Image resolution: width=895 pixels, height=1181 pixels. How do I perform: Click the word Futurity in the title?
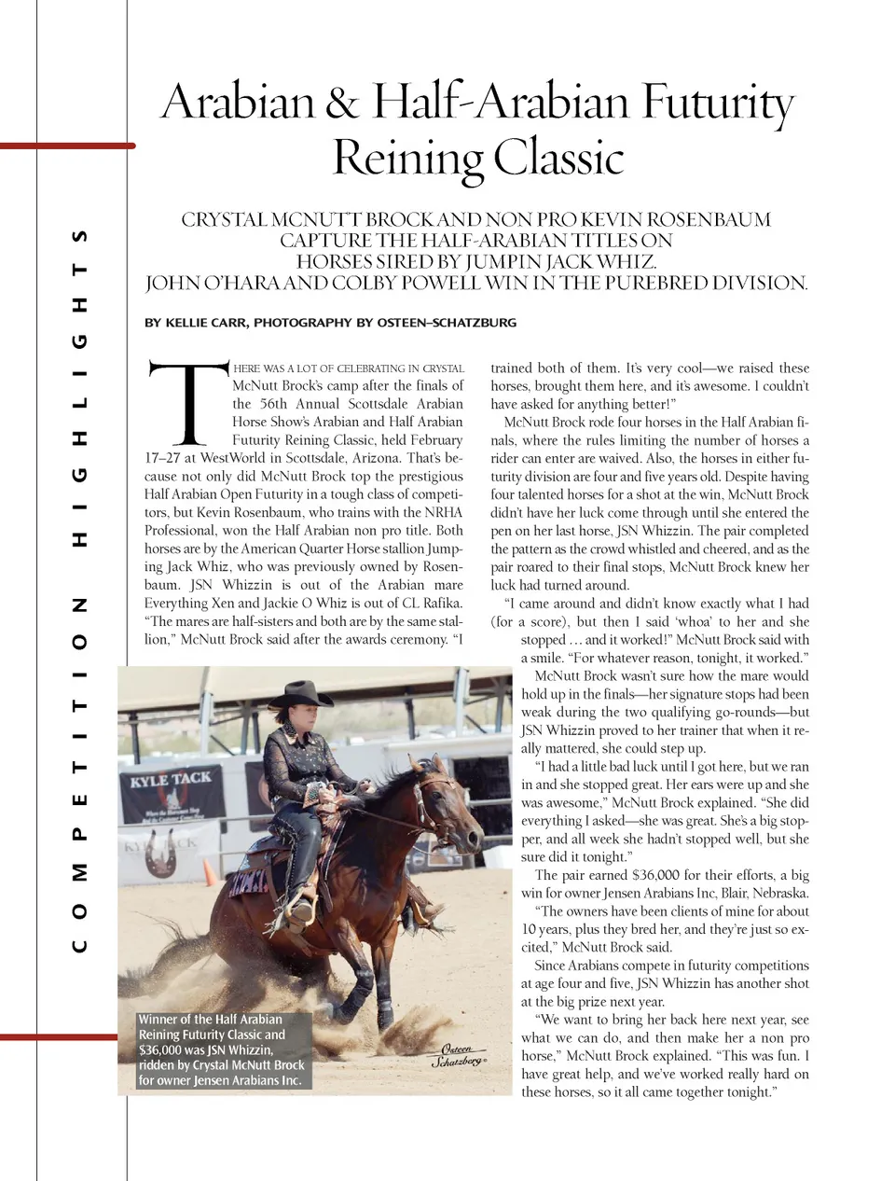716,103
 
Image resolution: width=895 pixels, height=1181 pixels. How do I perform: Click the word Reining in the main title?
407,158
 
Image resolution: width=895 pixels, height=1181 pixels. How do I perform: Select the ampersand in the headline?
343,103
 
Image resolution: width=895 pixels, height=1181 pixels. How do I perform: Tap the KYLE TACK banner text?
171,779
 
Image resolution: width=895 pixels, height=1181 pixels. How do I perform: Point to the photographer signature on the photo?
458,1055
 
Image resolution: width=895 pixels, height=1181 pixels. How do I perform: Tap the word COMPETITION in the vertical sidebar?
81,774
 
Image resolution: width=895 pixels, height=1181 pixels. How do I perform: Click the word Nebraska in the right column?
777,893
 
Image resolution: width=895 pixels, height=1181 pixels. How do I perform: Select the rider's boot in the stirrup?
300,916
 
